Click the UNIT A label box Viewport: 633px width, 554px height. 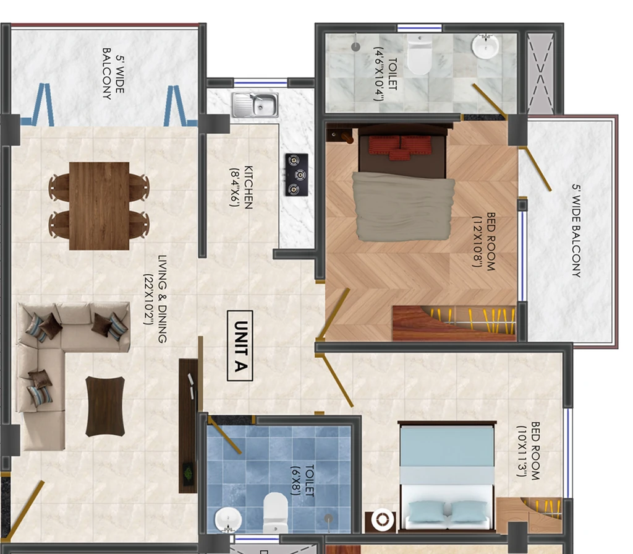point(240,346)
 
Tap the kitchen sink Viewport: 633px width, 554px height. point(255,105)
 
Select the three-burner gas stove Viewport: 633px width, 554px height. point(297,175)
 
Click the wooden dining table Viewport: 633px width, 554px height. point(100,206)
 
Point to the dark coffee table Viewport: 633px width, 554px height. point(105,407)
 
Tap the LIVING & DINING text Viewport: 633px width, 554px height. point(163,299)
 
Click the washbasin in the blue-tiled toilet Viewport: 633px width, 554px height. point(228,520)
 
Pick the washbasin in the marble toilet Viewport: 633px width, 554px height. point(485,46)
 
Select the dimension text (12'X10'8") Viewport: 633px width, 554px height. point(478,241)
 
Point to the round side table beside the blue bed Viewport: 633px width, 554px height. point(380,521)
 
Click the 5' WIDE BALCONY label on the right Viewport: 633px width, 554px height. point(577,230)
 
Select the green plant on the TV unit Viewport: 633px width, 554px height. point(188,472)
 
